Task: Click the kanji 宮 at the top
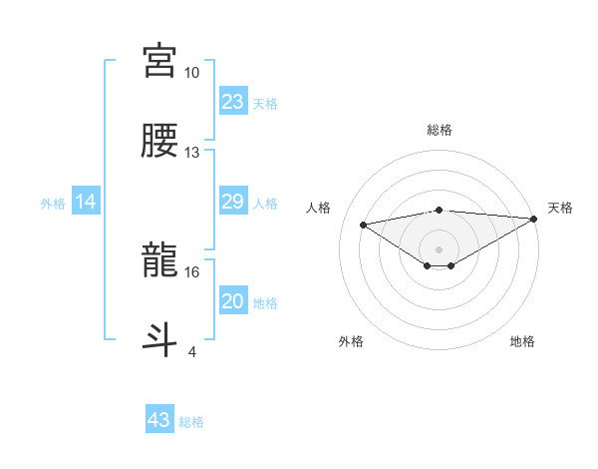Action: [159, 61]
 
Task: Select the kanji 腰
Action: [159, 141]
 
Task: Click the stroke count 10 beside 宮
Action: [191, 73]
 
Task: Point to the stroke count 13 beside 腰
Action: [191, 153]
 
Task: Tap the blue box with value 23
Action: [232, 102]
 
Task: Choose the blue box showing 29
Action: [232, 202]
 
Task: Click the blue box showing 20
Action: [232, 301]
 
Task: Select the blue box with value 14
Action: [86, 202]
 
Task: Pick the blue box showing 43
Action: [159, 420]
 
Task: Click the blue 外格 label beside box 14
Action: [53, 204]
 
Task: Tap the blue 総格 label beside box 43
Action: [191, 422]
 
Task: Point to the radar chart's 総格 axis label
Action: [439, 130]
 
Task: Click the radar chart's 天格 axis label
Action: [560, 208]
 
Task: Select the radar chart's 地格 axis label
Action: [522, 341]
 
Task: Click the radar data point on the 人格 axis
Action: [363, 224]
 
